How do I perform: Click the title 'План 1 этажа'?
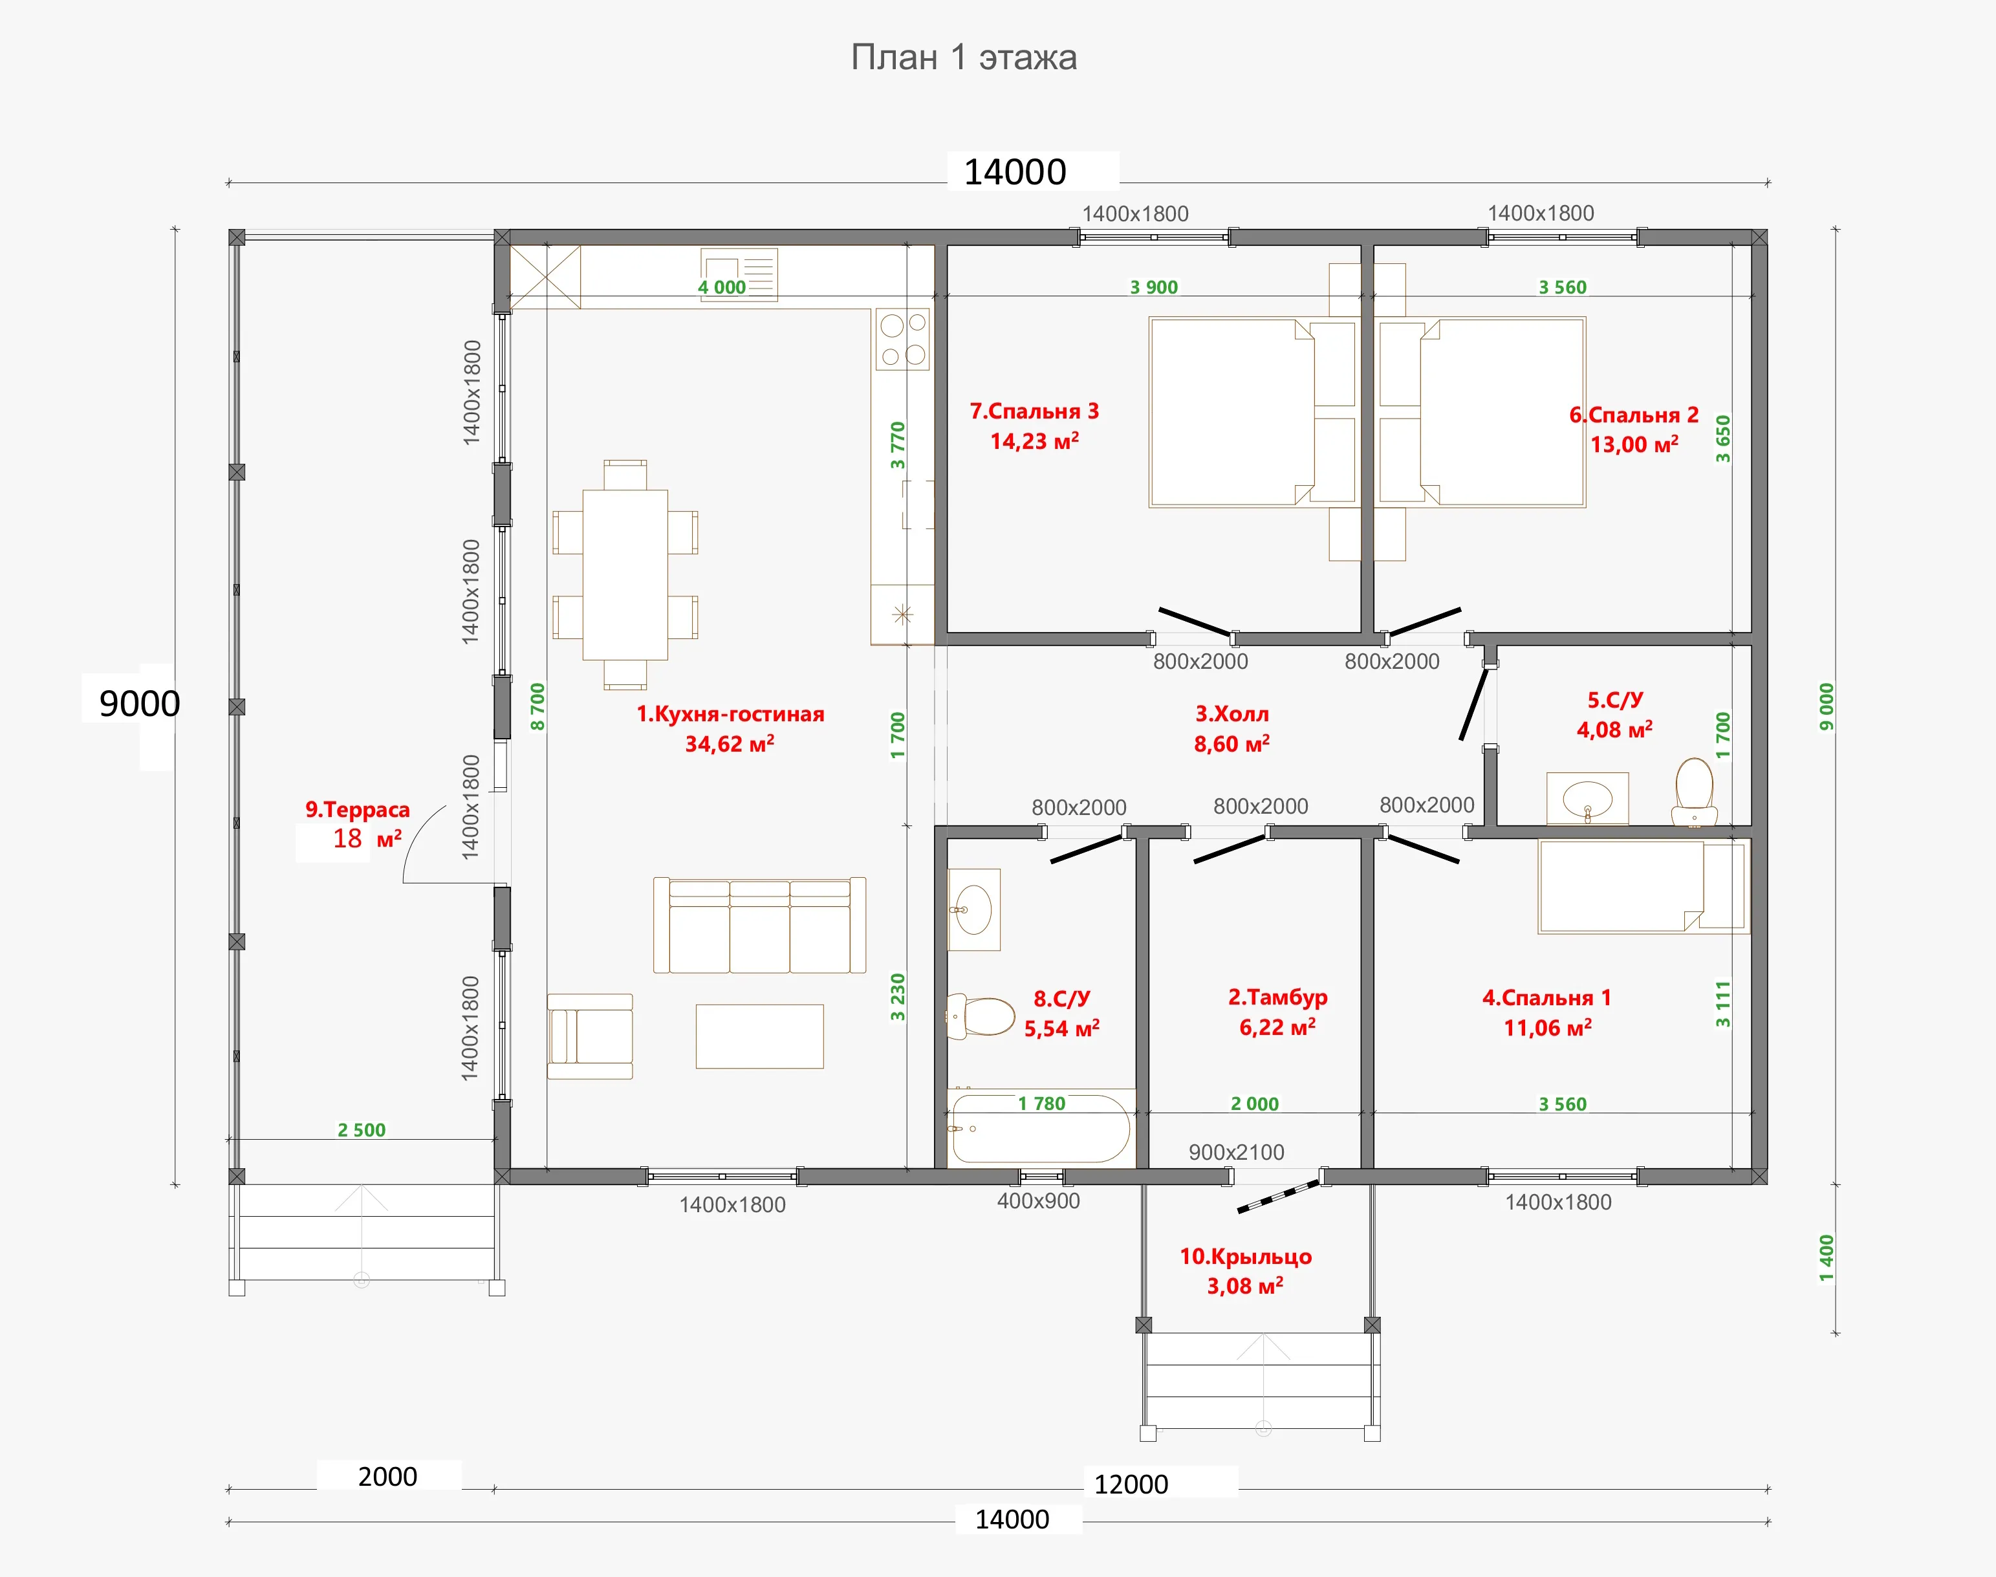963,57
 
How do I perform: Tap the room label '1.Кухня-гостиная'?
730,713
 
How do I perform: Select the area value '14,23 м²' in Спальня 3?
1034,441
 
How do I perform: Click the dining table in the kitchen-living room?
625,574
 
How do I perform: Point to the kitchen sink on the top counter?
739,274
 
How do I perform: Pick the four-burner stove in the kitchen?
903,339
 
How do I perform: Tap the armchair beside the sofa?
590,1036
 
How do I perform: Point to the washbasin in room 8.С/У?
974,909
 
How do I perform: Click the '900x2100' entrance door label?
1236,1152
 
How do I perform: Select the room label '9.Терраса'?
357,810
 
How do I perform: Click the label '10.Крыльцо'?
1246,1257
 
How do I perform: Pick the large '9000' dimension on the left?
140,704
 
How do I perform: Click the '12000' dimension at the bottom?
1131,1485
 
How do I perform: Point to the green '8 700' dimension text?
537,706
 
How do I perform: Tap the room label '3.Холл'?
1231,713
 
